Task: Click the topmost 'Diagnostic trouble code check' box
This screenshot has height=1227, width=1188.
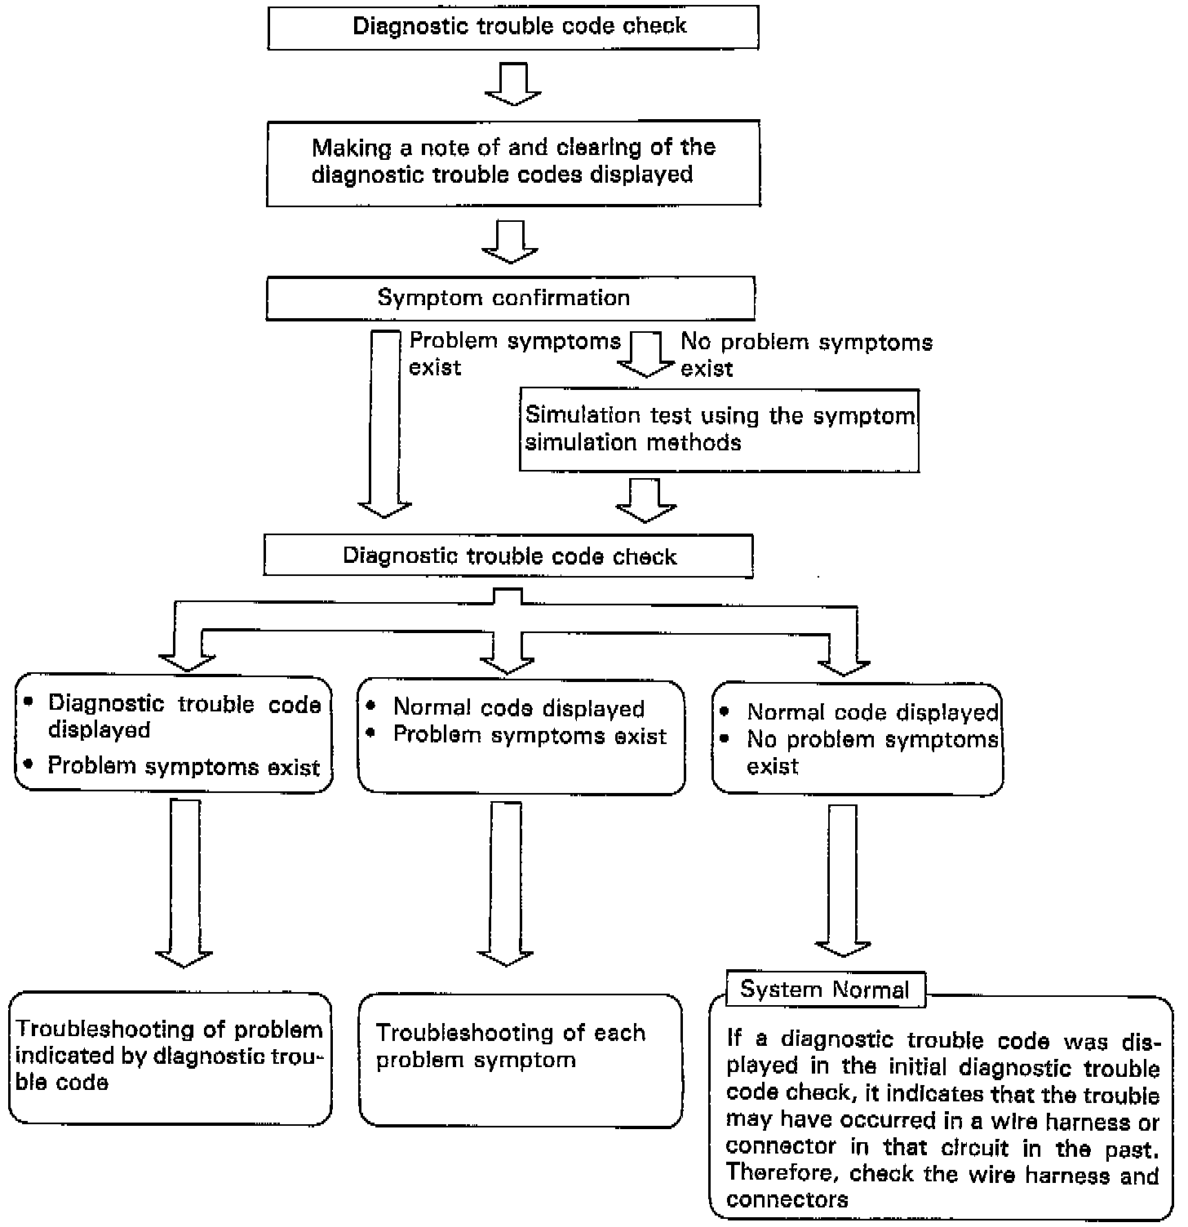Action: point(513,27)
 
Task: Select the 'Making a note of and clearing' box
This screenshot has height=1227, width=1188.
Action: point(513,162)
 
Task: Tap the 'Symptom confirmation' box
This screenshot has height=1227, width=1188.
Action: point(511,298)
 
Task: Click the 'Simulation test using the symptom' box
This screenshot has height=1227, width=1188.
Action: point(720,430)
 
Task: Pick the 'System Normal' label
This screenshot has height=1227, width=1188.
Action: point(825,990)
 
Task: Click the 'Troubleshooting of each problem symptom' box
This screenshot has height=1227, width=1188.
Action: point(521,1060)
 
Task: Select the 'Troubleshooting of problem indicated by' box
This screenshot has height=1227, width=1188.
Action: point(171,1058)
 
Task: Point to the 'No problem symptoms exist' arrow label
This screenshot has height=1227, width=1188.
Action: point(806,354)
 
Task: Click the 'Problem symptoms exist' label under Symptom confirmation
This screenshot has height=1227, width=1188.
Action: point(515,353)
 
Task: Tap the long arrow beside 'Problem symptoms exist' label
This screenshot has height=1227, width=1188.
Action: point(385,423)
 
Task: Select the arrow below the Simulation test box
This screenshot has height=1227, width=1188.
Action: point(646,499)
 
